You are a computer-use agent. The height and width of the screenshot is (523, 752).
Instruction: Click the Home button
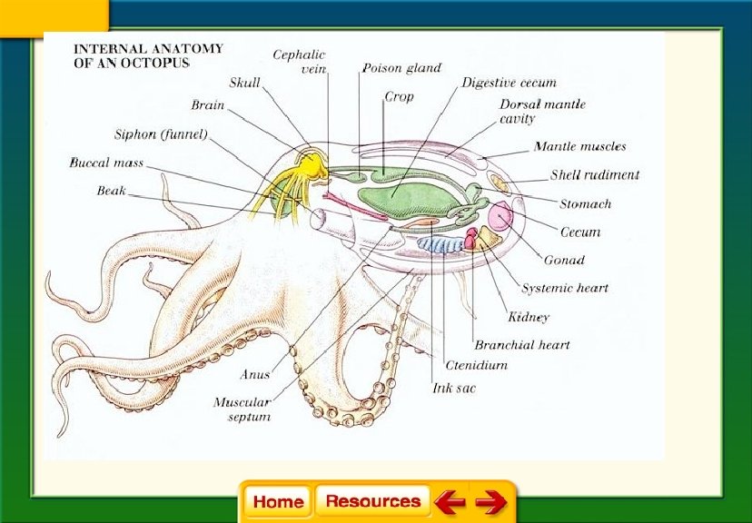pos(278,501)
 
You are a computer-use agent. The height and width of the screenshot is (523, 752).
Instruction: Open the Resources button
pos(372,501)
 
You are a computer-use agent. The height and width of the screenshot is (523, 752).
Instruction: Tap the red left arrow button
pos(449,501)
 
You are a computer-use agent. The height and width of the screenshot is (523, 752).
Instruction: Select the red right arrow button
pos(490,501)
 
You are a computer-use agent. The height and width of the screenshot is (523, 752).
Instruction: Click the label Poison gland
pos(401,68)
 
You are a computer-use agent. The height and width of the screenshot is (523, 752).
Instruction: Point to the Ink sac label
pos(454,388)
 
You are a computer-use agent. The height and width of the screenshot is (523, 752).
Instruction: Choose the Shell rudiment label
pos(595,175)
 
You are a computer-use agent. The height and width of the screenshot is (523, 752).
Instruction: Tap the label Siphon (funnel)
pos(161,134)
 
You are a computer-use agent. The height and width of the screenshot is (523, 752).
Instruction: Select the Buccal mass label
pos(106,163)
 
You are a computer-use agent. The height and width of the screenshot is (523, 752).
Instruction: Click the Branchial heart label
pos(522,345)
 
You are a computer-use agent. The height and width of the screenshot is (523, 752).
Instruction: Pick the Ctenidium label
pos(476,365)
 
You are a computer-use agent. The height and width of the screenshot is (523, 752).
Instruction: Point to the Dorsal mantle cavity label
pos(542,111)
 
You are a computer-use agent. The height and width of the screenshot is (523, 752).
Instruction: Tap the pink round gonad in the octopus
pos(501,218)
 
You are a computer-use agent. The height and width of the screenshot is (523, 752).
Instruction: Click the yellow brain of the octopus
pos(311,164)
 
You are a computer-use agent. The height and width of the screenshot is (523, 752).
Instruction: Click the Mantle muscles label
pos(579,146)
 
